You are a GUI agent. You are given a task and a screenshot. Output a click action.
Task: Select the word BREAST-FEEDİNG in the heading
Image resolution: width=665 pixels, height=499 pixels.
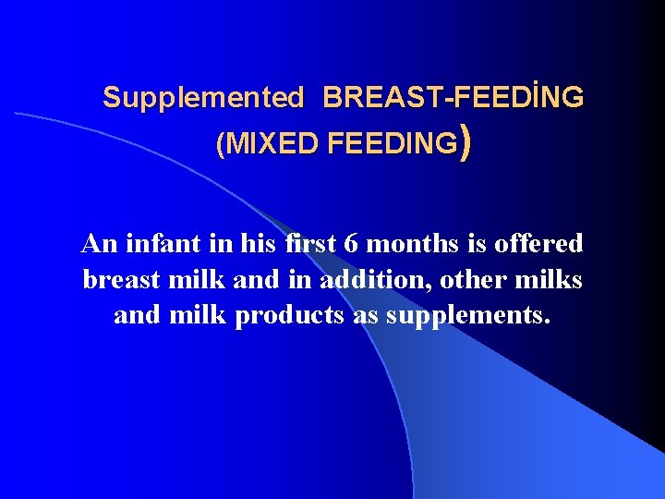coord(453,97)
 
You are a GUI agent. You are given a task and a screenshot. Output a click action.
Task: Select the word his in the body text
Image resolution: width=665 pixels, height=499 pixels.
coord(252,244)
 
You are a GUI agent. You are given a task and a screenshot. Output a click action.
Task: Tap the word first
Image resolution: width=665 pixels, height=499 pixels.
coord(309,244)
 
